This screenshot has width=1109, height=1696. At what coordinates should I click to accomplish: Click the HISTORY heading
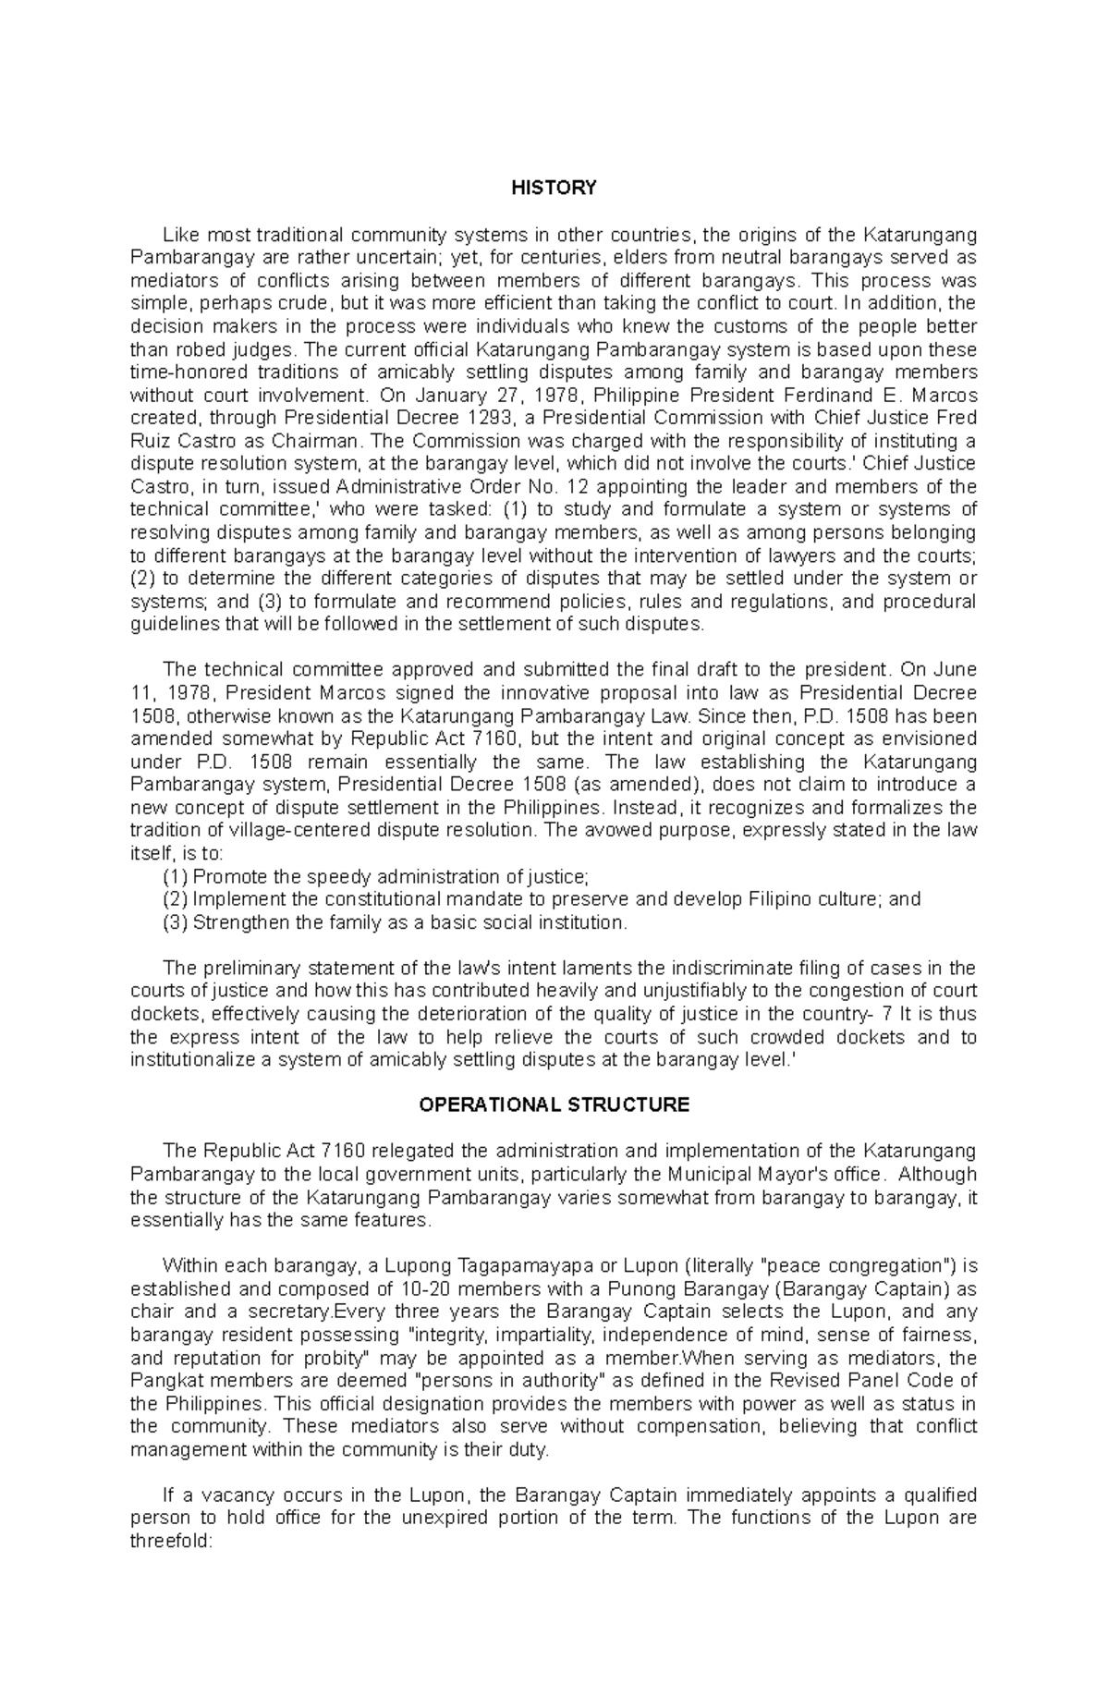pos(554,189)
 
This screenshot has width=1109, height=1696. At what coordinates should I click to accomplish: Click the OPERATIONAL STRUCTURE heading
pos(554,1105)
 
